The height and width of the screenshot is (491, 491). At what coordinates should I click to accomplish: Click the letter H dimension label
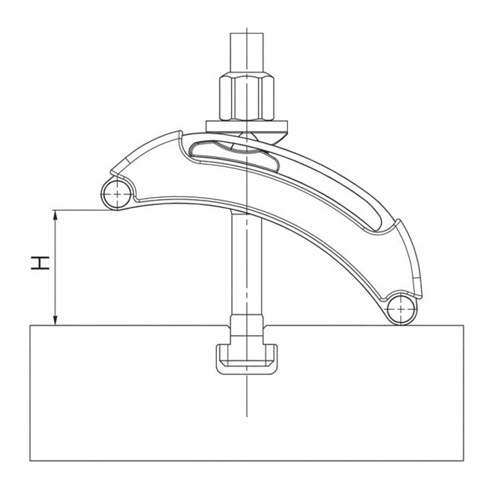point(40,263)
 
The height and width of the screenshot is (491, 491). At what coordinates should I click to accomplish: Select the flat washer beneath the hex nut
point(247,127)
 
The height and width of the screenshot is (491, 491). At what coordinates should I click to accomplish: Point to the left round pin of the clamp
point(117,194)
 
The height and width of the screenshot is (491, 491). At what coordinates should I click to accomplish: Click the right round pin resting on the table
point(402,310)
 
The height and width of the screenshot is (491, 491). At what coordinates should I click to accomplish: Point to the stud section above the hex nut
point(247,53)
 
